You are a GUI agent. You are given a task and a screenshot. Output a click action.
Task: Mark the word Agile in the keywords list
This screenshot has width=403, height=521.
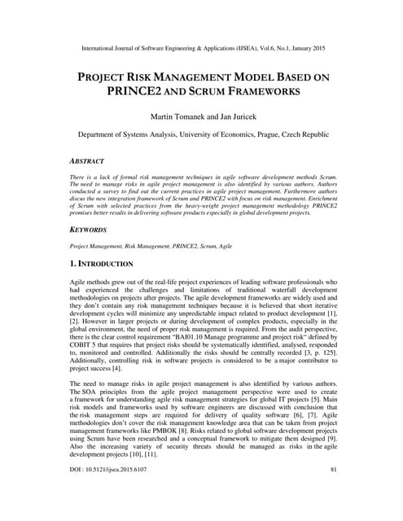click(222, 245)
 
